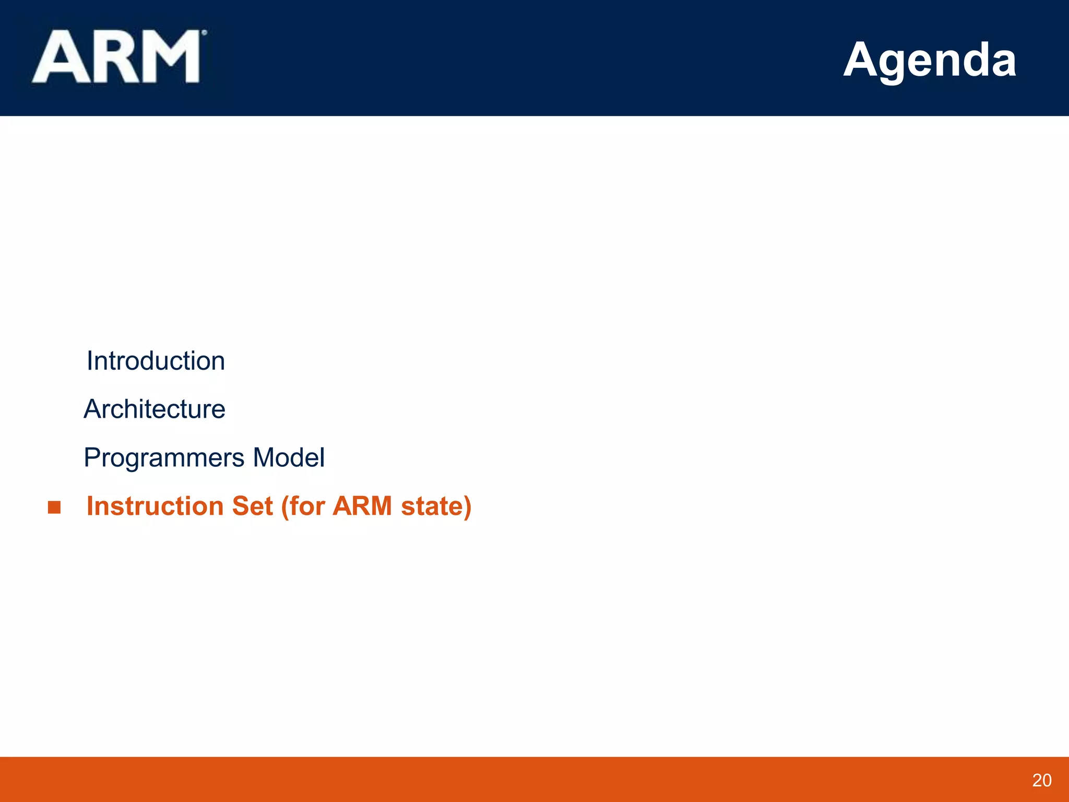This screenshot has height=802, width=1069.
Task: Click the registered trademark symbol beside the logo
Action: coord(204,32)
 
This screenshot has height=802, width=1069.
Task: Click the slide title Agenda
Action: coord(930,60)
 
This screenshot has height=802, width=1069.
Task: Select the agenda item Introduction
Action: coord(156,361)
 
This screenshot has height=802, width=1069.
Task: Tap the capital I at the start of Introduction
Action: coord(89,361)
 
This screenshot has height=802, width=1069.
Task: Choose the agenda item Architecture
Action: coord(155,409)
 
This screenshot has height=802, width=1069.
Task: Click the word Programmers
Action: coord(164,458)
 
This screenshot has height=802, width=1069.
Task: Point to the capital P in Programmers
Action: coord(91,457)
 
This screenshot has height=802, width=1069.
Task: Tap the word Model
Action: coord(289,457)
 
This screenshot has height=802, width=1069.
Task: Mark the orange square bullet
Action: coord(54,507)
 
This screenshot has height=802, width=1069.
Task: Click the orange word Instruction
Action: coord(155,506)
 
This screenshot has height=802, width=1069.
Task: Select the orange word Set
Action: coord(252,506)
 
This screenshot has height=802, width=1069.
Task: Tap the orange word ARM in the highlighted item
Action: coord(362,506)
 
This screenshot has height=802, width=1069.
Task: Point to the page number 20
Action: coord(1042,780)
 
